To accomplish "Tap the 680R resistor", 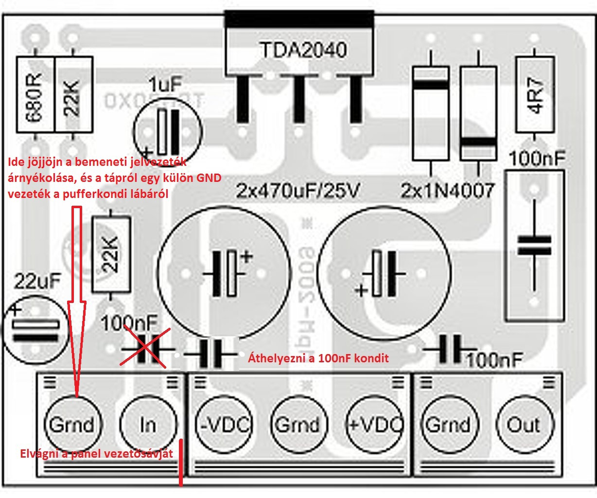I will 36,95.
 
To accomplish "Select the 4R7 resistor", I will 535,95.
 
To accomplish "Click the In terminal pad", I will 148,425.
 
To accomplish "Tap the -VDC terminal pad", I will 224,425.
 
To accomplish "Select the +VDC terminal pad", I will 374,425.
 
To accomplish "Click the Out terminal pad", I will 525,425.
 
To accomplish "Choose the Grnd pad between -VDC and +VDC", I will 298,425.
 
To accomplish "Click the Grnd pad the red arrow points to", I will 72,425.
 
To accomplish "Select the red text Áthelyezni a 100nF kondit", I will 318,358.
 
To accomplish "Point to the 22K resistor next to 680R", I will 73,95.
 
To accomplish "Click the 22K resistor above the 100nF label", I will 111,255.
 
